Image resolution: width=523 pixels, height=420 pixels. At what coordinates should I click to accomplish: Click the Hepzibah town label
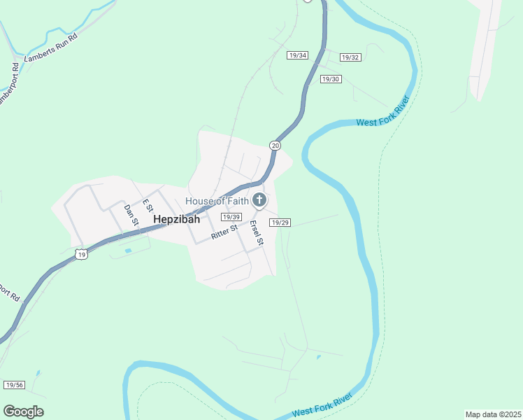coord(176,219)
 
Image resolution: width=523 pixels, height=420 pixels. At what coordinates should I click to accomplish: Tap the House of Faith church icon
coord(259,202)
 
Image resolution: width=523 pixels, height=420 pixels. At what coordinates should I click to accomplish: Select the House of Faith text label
coord(217,202)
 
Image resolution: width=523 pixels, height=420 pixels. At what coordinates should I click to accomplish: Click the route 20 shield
coord(275,145)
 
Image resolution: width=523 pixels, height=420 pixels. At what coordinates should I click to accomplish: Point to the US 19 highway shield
coord(83,255)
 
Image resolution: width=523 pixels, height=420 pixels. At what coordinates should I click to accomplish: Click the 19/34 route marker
coord(297,55)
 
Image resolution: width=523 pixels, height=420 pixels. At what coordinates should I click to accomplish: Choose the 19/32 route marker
coord(350,57)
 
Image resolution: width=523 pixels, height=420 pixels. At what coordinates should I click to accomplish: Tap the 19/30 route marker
coord(330,79)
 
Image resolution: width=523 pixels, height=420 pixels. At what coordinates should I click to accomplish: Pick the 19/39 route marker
coord(231,217)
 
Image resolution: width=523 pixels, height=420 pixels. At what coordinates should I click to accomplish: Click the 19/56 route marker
coord(14,385)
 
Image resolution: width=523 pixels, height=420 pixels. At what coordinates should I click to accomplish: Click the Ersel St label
coord(256,233)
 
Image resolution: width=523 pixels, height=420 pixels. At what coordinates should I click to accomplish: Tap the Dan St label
coord(131,215)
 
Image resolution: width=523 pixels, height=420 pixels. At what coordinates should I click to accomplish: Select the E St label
coord(148,206)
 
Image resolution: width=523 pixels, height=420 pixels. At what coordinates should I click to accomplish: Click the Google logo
coord(23,412)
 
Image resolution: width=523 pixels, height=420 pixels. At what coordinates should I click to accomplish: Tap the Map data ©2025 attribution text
coord(493,414)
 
